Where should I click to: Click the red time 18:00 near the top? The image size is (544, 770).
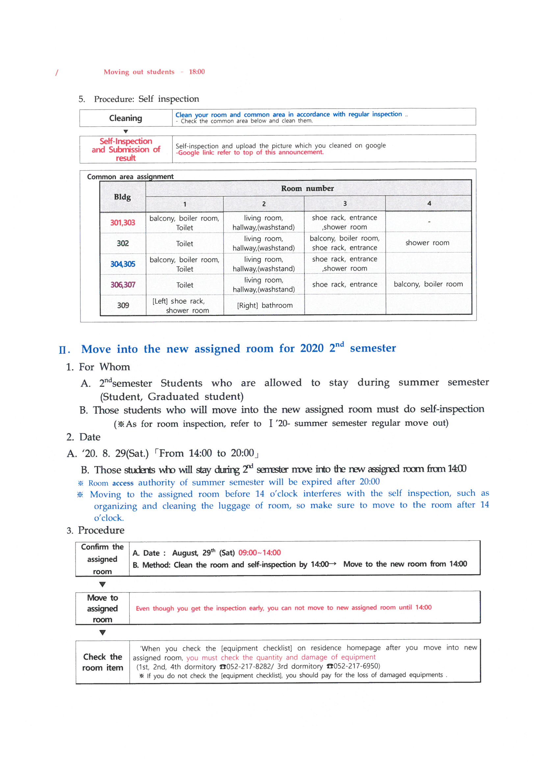(196, 72)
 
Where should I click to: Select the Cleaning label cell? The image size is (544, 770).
(125, 118)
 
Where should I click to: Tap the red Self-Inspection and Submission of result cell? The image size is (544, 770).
(126, 150)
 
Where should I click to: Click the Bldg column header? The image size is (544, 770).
(122, 197)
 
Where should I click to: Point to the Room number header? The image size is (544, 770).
(307, 188)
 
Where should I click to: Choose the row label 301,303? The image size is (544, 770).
(123, 223)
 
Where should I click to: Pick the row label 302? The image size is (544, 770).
(123, 243)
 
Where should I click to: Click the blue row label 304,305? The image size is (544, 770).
(123, 264)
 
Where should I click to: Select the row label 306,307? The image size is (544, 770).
(123, 285)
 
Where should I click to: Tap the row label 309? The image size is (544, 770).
(123, 306)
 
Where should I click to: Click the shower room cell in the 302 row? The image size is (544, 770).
(427, 243)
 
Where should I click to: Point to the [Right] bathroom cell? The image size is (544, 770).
(265, 306)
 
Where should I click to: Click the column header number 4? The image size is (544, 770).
(429, 204)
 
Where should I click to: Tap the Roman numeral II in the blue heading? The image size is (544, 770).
(64, 350)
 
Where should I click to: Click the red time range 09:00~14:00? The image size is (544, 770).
(259, 553)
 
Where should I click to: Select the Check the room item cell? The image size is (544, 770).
(103, 662)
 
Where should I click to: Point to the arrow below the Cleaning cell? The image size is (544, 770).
(126, 131)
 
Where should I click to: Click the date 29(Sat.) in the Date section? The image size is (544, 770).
(132, 454)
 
